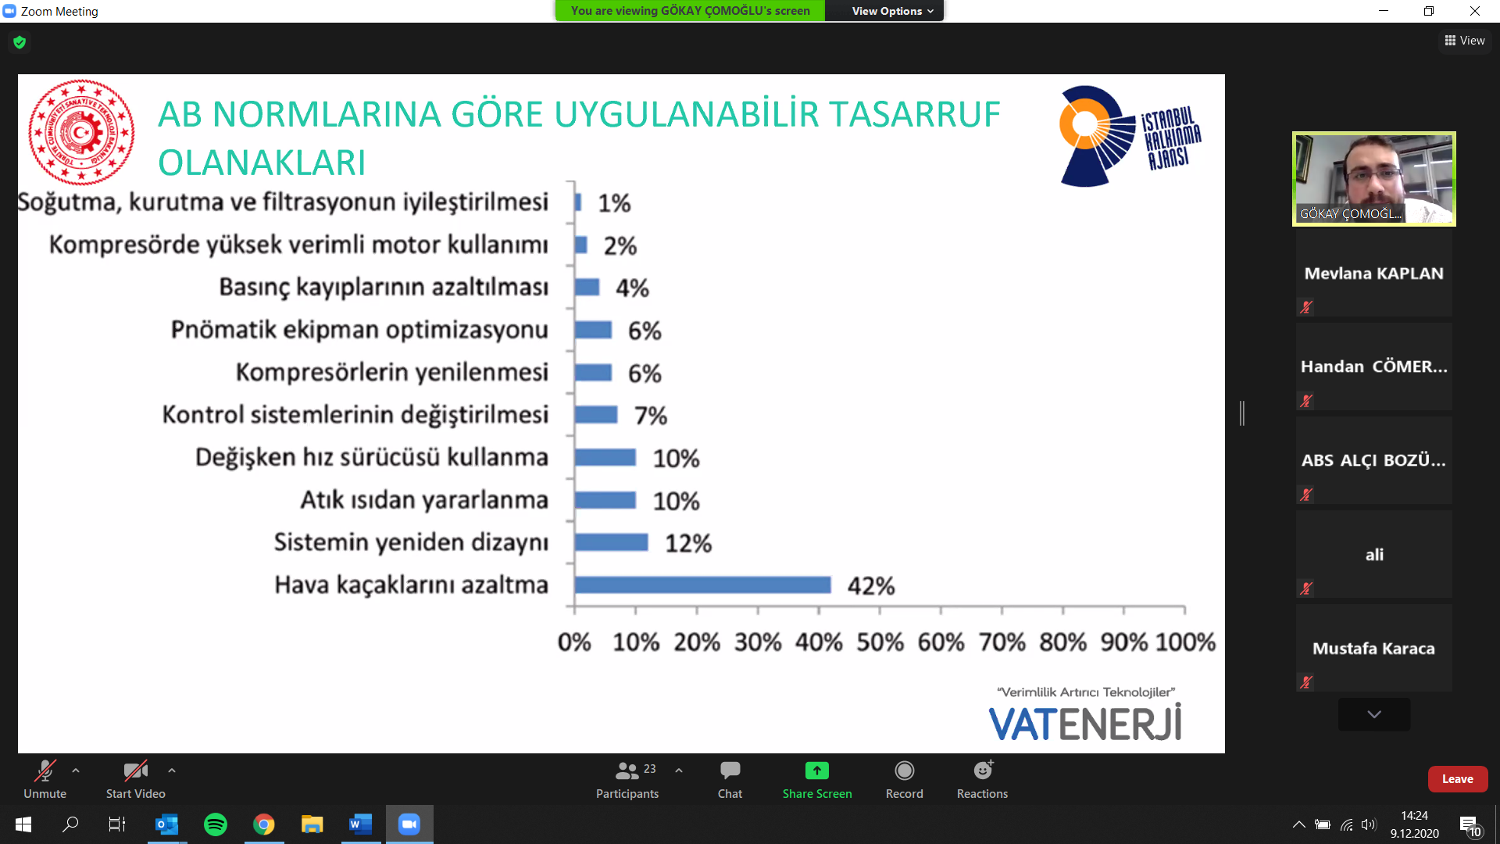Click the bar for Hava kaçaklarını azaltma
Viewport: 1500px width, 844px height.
(702, 585)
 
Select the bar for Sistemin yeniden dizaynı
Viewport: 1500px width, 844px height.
(611, 542)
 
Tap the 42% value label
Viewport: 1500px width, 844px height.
(871, 586)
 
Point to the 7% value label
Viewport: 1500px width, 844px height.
(651, 416)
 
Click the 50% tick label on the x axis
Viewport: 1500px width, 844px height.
(880, 642)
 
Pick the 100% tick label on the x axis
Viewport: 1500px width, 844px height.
(1185, 642)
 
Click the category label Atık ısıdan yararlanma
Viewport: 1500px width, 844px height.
(424, 500)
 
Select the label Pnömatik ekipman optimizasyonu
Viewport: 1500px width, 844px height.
(359, 330)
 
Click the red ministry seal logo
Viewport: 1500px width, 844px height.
(81, 132)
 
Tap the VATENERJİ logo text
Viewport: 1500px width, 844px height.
(1085, 723)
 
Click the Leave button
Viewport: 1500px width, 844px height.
(1457, 779)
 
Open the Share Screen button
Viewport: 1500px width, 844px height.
(817, 780)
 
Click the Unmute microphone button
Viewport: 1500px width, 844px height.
(45, 780)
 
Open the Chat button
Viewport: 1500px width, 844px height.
(730, 780)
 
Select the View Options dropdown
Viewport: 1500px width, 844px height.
(892, 11)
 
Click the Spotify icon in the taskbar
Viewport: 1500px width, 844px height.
(216, 824)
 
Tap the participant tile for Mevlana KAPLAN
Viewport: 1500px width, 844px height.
(1373, 274)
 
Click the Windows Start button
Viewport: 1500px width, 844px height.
(23, 824)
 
